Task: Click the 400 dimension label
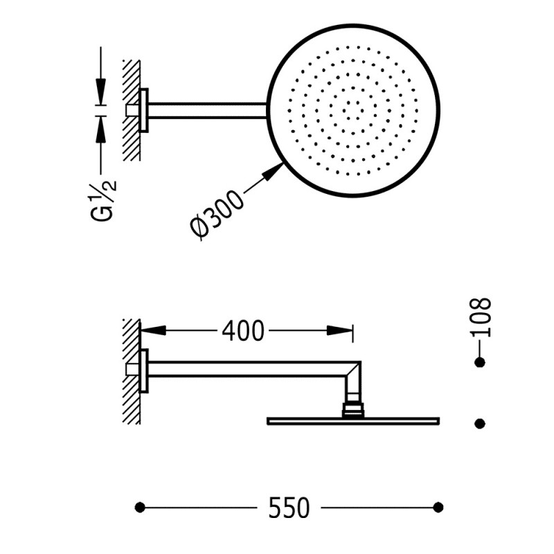click(x=243, y=332)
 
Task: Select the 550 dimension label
click(x=289, y=508)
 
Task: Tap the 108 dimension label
click(x=480, y=317)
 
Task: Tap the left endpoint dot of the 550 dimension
click(x=140, y=508)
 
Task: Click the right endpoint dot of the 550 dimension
click(x=438, y=508)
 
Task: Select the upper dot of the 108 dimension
click(x=479, y=362)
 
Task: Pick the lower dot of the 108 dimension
click(x=479, y=422)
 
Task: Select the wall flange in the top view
click(x=144, y=110)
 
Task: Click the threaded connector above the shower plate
click(x=353, y=409)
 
